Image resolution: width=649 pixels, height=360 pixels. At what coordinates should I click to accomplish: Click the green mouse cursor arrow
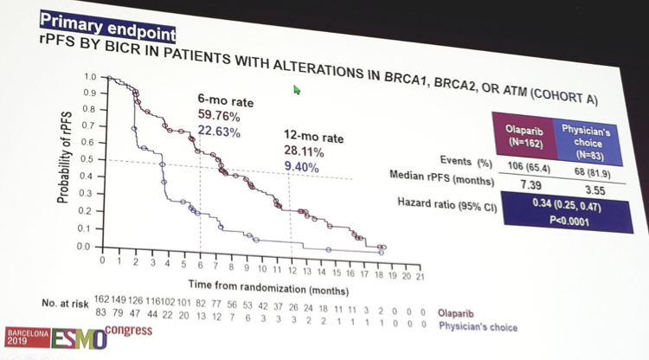298,88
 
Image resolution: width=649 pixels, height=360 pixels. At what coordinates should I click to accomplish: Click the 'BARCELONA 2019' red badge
22,337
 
